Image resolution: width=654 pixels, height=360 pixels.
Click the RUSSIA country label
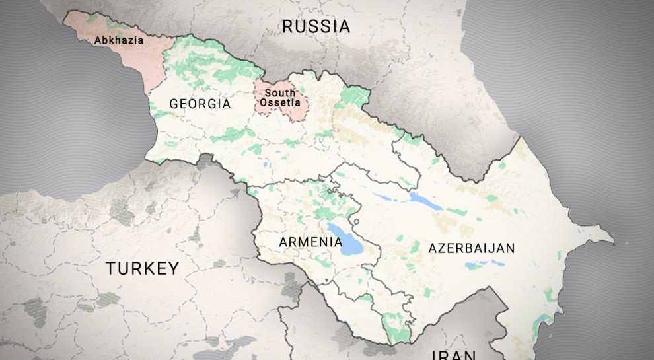[315, 26]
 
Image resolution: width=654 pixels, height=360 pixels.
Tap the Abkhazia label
[119, 40]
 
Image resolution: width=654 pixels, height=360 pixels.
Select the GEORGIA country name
[200, 104]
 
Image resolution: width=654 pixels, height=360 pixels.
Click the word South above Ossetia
[280, 93]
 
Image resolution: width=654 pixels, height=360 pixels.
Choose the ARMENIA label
[310, 242]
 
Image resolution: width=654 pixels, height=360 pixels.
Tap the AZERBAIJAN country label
[471, 248]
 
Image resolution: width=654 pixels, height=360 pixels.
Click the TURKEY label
[142, 268]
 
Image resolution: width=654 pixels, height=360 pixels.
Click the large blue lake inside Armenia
[344, 240]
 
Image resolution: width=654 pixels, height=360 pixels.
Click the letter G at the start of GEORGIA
[174, 104]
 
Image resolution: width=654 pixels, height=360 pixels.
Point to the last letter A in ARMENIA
[338, 242]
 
